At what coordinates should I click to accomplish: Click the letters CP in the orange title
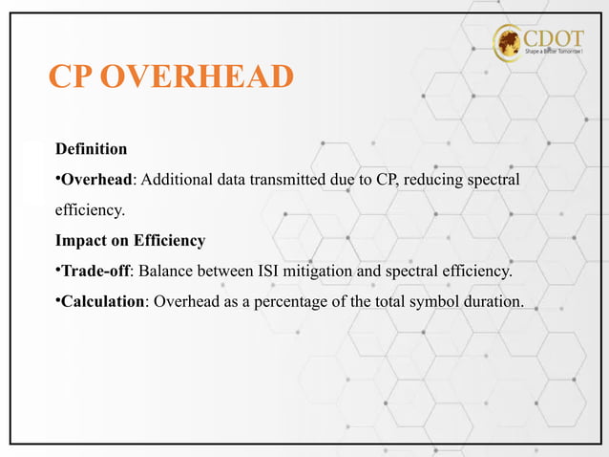71,77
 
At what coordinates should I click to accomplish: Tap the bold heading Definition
91,149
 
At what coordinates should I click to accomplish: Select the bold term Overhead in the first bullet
95,181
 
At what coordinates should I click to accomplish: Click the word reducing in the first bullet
434,181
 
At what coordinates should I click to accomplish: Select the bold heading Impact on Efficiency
130,241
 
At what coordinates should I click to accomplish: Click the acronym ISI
269,272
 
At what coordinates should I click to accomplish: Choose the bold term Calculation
103,303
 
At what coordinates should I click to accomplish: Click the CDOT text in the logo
555,37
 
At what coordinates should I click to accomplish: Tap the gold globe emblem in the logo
509,43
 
